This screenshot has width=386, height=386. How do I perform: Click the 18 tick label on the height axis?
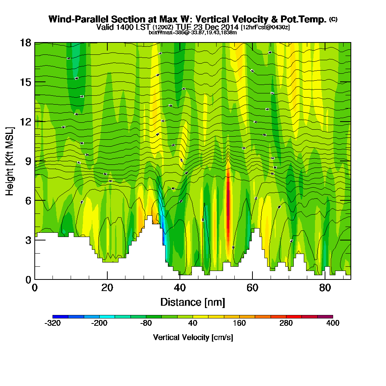coord(25,43)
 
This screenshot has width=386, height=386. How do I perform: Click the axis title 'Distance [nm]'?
coord(193,302)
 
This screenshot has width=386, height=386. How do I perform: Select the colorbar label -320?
coord(52,323)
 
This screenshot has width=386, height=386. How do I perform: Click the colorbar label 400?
coord(333,323)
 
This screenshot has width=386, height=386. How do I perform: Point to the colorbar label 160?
coord(239,323)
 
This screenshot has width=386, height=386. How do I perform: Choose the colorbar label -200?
coord(99,323)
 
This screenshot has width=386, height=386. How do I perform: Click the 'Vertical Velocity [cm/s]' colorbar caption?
coord(193,337)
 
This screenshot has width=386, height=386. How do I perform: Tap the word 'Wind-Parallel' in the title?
coord(72,19)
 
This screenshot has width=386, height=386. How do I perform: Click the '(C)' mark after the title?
coord(333,19)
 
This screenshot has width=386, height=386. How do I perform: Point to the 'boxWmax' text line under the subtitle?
coord(193,32)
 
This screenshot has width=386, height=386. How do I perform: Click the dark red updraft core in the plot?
coord(228,205)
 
